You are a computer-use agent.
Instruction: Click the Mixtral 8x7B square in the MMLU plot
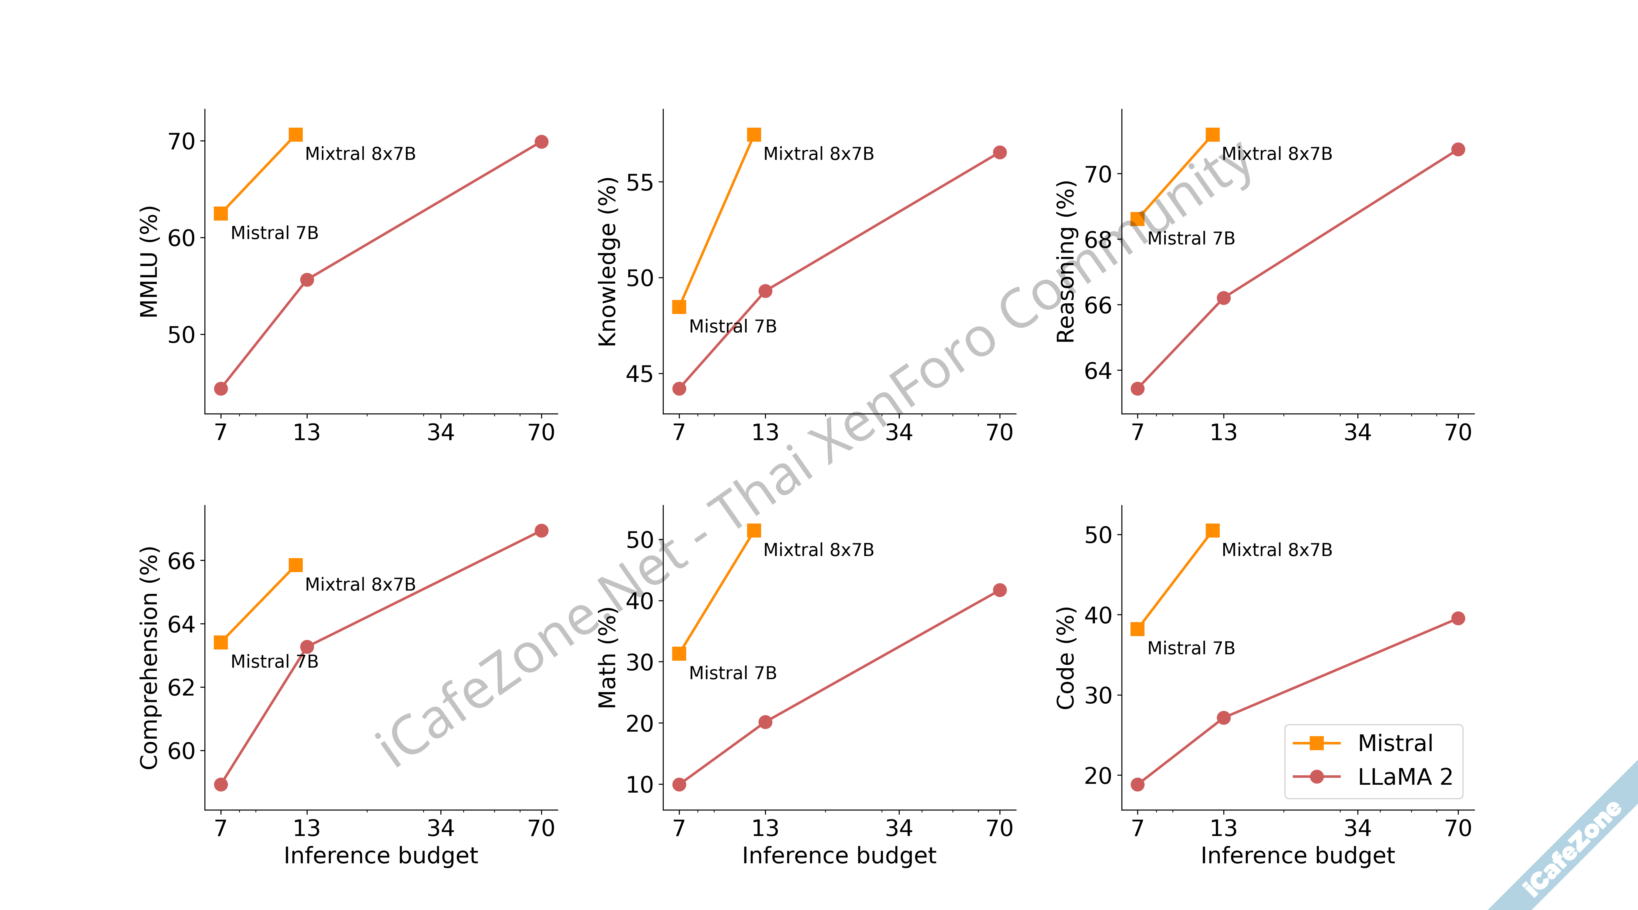coord(296,135)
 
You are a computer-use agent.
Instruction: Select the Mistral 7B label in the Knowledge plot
coord(733,326)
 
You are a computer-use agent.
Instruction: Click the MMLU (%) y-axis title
coord(149,261)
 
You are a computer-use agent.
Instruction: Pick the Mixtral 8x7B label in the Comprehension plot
coord(360,585)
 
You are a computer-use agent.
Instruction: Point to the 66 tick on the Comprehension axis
coord(181,561)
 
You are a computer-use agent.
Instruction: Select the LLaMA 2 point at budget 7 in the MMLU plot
coord(221,389)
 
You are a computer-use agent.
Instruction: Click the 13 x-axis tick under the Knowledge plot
coord(765,433)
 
